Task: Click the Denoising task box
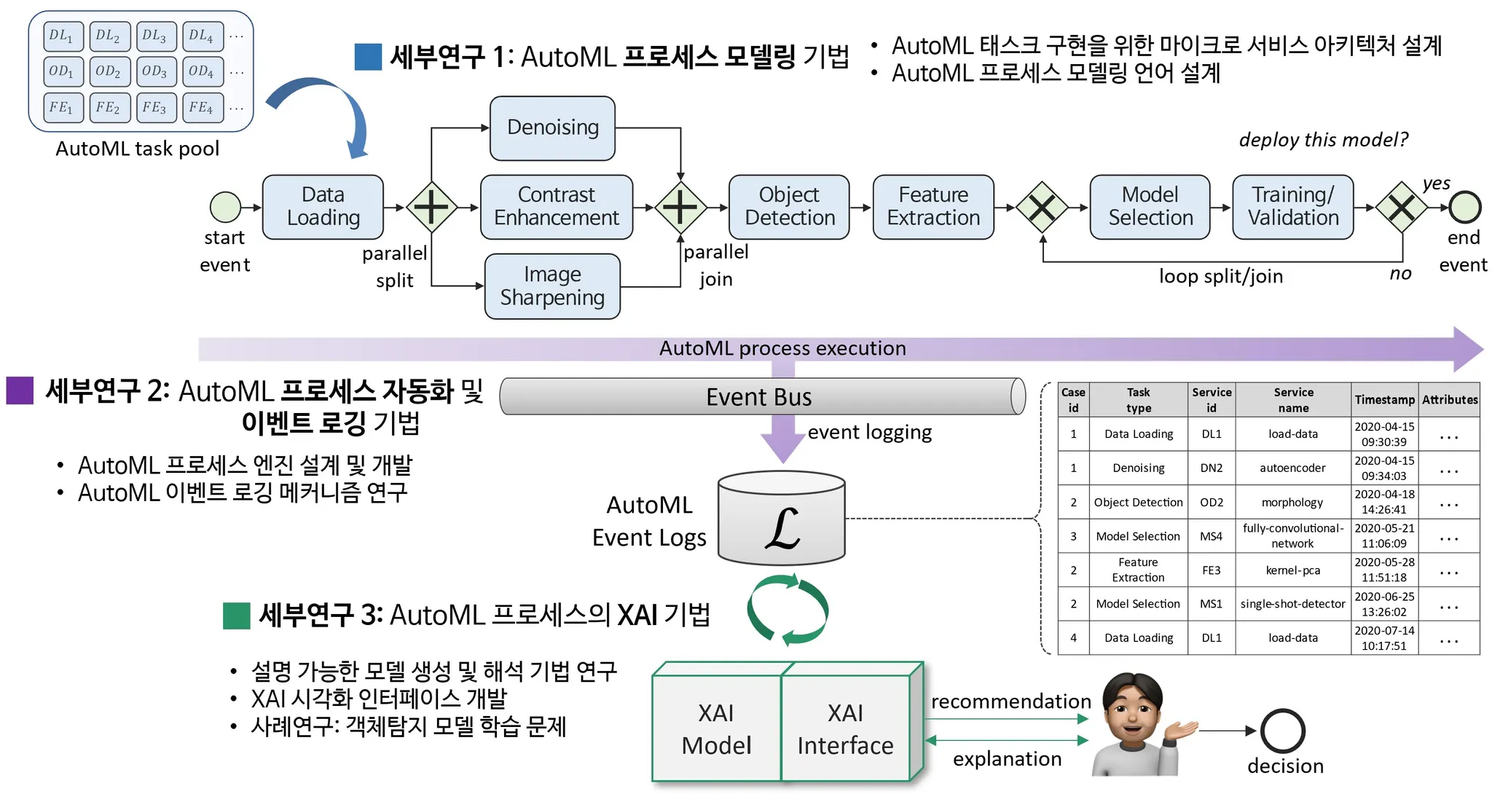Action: point(552,128)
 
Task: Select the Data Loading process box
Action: point(323,207)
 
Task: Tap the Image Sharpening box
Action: point(552,286)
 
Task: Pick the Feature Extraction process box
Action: point(933,207)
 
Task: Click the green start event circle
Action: point(225,207)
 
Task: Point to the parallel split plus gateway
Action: point(431,207)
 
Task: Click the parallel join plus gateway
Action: point(680,207)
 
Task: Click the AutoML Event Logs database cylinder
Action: point(782,519)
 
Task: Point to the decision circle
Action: point(1283,731)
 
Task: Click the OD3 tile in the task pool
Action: point(154,71)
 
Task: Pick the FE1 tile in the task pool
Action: point(62,108)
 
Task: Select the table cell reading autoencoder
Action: point(1292,468)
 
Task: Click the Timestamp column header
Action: point(1384,400)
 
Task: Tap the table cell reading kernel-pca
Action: point(1292,570)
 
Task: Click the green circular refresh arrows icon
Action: point(788,610)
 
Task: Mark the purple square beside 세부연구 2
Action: point(20,390)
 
